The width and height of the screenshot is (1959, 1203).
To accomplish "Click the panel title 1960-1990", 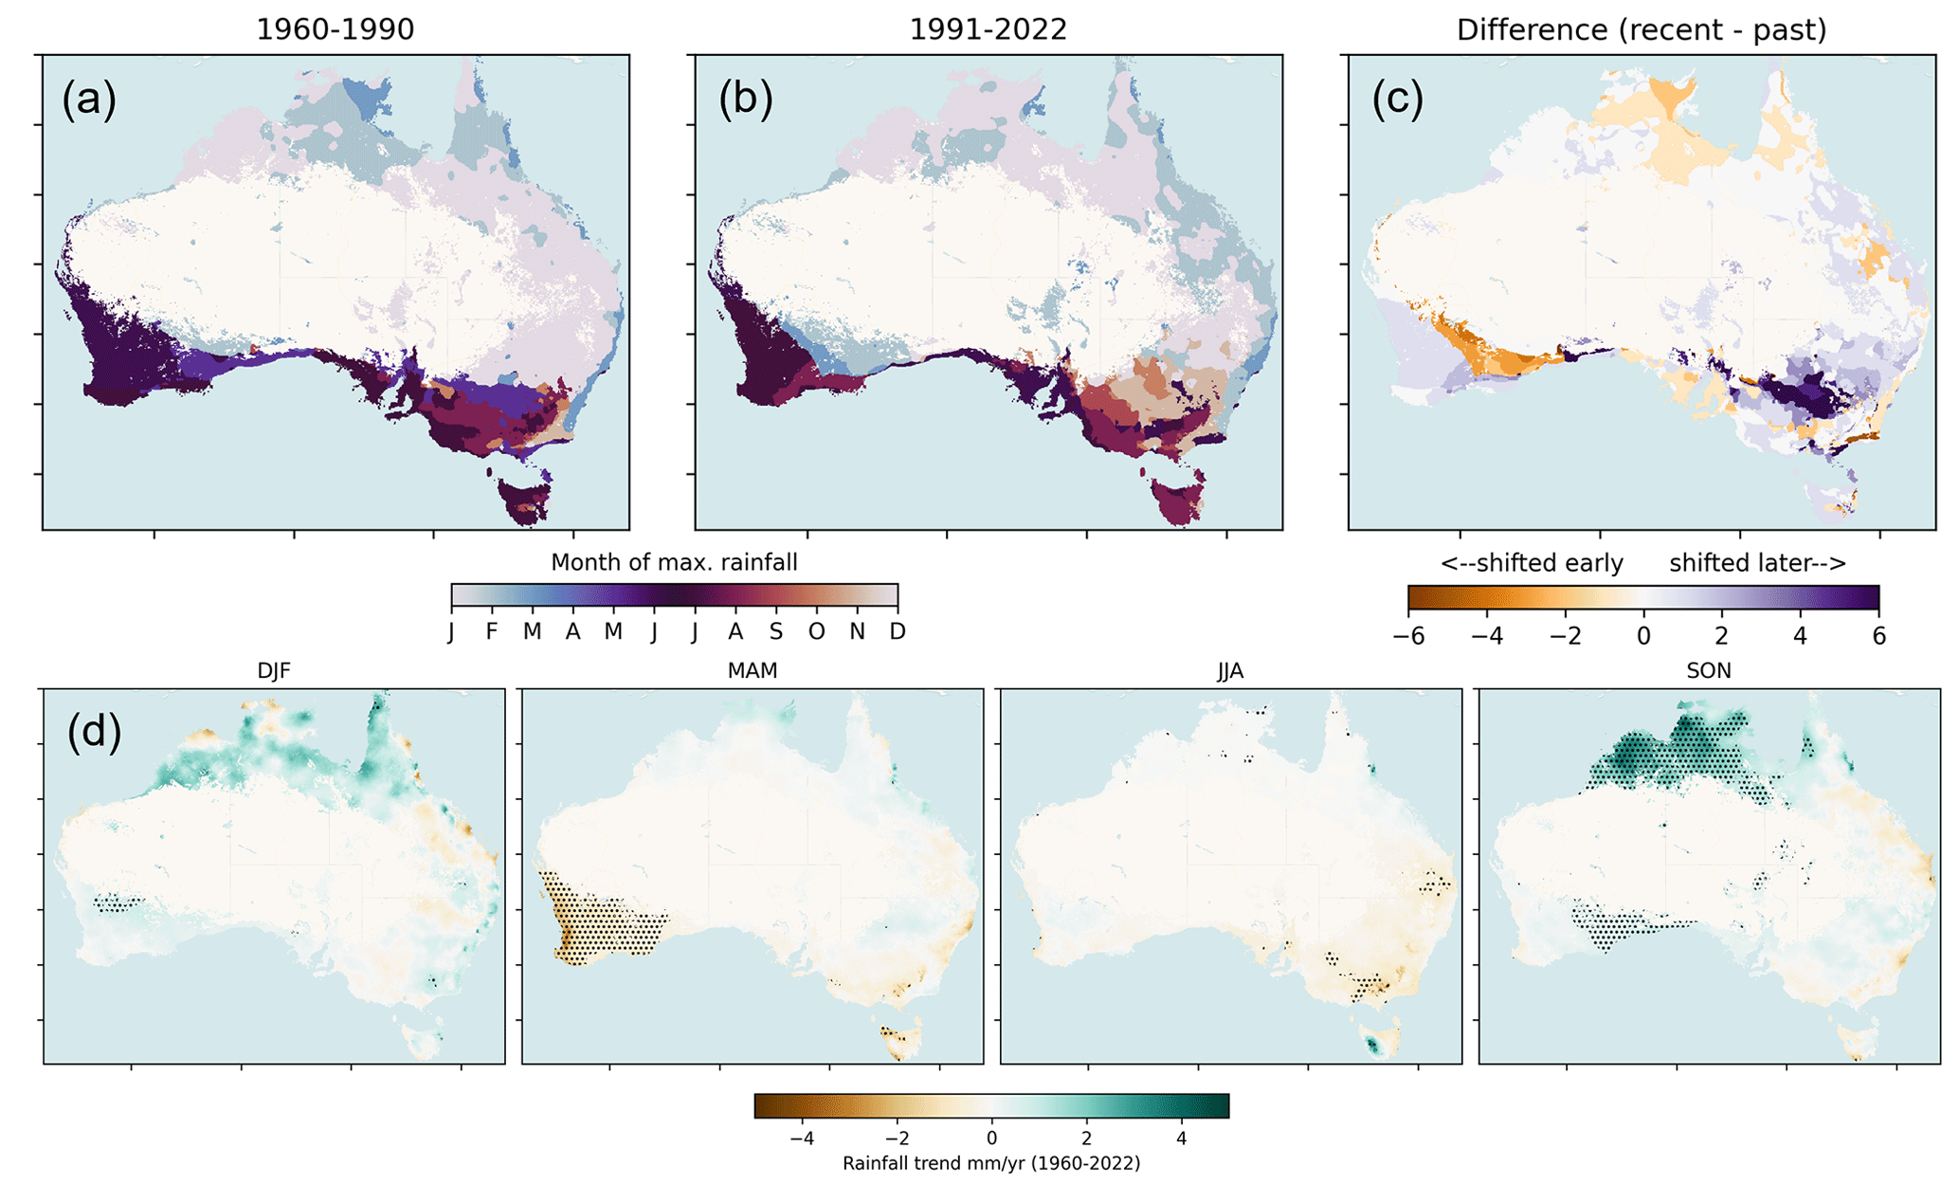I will [335, 29].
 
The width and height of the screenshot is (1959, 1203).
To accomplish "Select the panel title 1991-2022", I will [988, 29].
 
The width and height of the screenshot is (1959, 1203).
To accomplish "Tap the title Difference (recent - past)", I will [1641, 29].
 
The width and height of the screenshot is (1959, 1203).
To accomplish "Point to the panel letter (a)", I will [89, 99].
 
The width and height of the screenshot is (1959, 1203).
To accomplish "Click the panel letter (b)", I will [745, 99].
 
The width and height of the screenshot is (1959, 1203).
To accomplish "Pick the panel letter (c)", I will [1398, 99].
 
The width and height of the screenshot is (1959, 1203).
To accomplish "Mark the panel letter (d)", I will [94, 733].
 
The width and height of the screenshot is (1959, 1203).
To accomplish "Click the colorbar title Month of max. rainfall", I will [674, 562].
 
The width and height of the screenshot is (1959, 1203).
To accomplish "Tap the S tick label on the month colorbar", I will [776, 631].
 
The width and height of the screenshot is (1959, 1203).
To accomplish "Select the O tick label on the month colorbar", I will [816, 631].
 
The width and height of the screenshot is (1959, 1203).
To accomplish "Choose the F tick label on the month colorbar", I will [491, 631].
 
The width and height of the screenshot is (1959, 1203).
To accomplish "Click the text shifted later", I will [1757, 563].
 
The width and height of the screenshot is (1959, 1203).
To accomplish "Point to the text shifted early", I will [1532, 563].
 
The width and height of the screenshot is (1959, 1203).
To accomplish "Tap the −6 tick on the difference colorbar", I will [1408, 635].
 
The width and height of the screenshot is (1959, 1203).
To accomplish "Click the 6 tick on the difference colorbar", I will [1878, 635].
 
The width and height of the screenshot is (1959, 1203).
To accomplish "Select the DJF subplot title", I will [274, 671].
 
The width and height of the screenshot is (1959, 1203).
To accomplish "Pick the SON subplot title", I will [1709, 671].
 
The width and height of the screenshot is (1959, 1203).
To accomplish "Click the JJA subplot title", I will [1230, 671].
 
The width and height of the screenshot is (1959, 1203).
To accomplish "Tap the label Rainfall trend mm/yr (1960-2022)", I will [991, 1163].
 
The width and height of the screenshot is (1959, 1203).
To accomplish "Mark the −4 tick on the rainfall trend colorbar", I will [802, 1138].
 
